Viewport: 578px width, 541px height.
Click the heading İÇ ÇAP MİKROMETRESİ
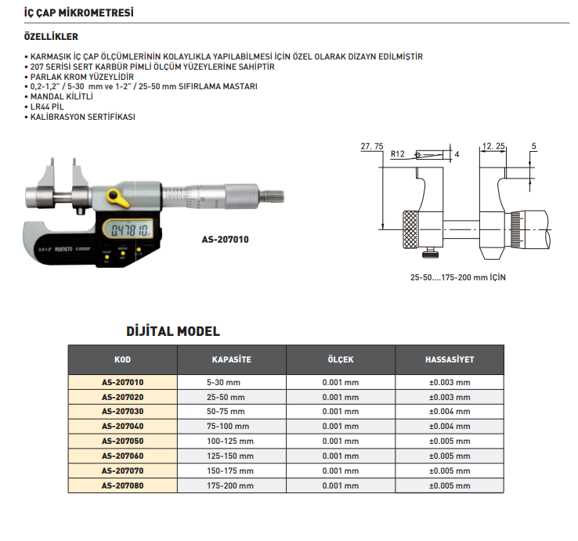tap(79, 13)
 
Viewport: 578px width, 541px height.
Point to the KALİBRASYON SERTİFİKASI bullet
tap(82, 116)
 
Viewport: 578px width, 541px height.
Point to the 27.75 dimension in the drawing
tap(371, 146)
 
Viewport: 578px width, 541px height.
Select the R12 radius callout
tap(397, 155)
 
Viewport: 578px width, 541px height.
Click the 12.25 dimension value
tap(493, 146)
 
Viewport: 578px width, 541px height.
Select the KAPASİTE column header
tap(231, 360)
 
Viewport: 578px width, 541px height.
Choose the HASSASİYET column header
tap(449, 360)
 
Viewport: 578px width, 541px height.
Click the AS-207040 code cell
tap(123, 427)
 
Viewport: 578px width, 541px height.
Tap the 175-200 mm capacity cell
tap(231, 485)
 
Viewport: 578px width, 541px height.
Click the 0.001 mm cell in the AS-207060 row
tap(340, 456)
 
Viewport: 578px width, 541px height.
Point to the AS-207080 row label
tap(123, 485)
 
